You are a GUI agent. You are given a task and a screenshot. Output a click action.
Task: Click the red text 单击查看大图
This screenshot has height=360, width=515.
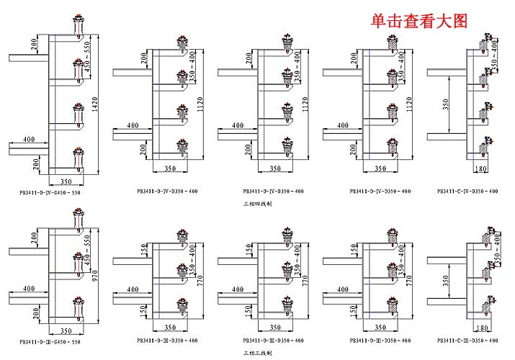pyautogui.click(x=419, y=22)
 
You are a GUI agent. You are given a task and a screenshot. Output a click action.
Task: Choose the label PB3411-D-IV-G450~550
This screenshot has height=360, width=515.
pyautogui.click(x=50, y=193)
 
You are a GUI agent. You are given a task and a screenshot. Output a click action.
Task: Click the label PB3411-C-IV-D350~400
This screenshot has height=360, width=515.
pyautogui.click(x=468, y=192)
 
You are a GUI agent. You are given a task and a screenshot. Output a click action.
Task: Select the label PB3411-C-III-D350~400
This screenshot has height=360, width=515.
pyautogui.click(x=468, y=339)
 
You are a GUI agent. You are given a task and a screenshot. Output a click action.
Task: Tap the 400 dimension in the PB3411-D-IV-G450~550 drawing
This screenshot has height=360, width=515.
pyautogui.click(x=28, y=139)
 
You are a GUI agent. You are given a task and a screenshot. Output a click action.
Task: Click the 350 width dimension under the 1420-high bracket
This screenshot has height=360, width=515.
pyautogui.click(x=66, y=181)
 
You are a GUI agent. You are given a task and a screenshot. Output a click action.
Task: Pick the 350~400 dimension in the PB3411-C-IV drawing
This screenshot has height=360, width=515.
pyautogui.click(x=495, y=55)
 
